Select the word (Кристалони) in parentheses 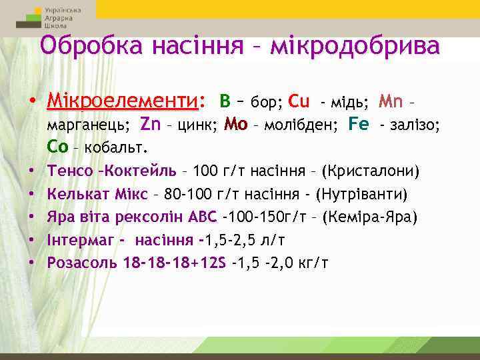click(x=371, y=171)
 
